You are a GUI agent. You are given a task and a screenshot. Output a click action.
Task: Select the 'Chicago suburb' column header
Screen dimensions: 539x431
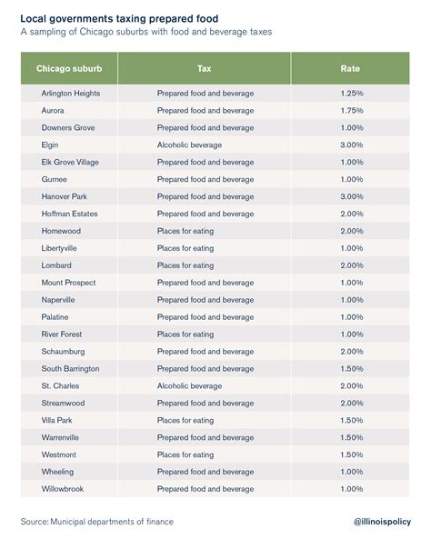point(69,69)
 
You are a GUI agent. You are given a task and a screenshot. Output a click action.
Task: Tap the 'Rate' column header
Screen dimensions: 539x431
point(350,69)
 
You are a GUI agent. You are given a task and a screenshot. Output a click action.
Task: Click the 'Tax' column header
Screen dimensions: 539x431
point(205,69)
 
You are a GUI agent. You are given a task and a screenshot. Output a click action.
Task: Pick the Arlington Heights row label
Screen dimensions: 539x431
point(71,93)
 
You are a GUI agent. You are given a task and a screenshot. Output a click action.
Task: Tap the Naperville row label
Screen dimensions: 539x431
point(58,300)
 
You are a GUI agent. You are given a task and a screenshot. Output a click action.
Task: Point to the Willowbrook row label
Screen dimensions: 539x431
point(62,489)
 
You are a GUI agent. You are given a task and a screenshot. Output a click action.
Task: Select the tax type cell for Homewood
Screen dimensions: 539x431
point(185,231)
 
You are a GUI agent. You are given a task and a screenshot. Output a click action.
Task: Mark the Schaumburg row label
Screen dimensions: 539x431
point(63,351)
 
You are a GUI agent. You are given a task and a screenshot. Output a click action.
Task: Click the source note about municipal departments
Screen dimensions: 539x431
point(96,522)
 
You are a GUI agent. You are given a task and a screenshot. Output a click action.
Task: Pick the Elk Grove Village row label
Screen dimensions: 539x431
point(71,162)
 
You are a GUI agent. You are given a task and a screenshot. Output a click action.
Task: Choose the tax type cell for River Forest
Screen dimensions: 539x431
point(185,334)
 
